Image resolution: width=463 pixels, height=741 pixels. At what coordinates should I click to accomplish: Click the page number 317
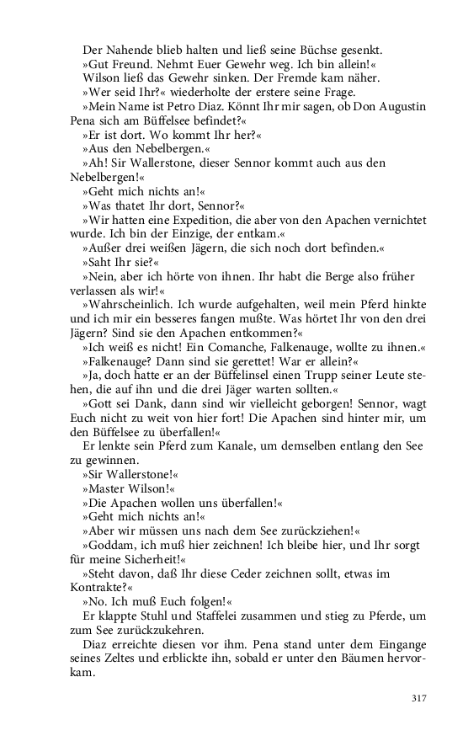pos(420,698)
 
